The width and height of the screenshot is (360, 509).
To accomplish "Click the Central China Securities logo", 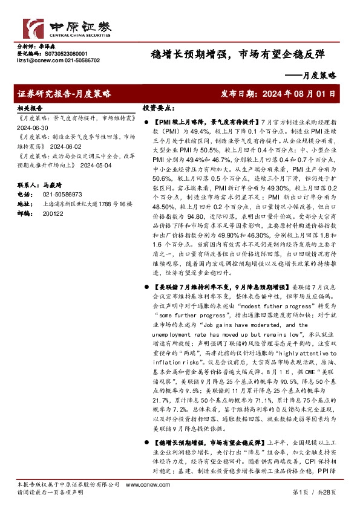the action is click(58, 27).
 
